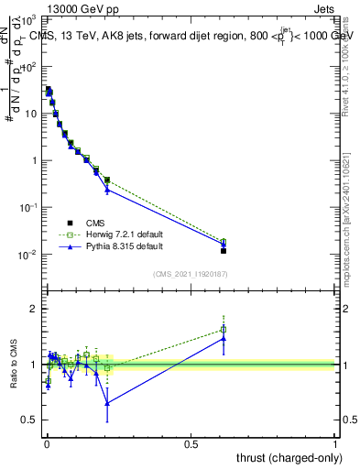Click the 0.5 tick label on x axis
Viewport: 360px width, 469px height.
point(191,442)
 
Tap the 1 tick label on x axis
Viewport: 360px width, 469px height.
point(335,442)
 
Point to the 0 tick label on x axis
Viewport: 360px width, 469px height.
point(47,442)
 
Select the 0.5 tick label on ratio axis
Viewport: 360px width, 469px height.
point(29,420)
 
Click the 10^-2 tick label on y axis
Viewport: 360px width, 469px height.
point(29,255)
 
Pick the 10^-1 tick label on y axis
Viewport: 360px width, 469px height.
point(29,208)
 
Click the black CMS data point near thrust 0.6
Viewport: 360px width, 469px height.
point(224,250)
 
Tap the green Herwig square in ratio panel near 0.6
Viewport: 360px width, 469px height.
point(224,330)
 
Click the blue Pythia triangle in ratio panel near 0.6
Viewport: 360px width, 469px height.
point(224,338)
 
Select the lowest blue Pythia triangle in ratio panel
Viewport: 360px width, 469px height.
point(107,403)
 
